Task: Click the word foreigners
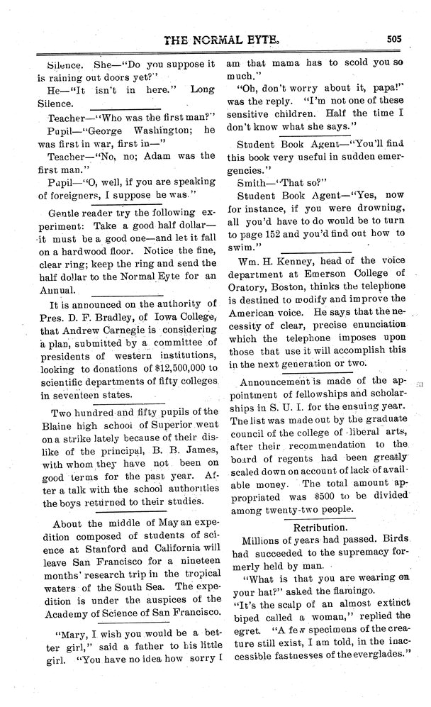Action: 74,194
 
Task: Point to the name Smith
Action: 256,181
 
